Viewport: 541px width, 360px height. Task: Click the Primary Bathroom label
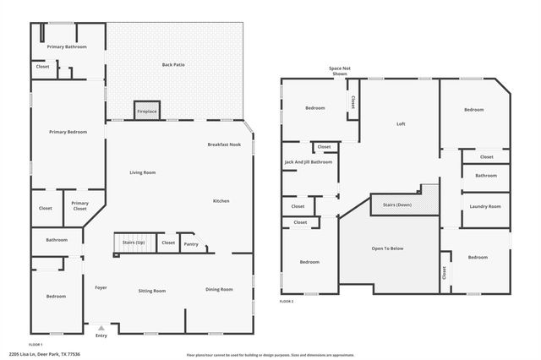click(x=68, y=46)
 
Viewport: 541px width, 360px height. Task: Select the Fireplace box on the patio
click(x=146, y=111)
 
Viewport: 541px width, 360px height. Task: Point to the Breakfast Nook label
click(x=224, y=145)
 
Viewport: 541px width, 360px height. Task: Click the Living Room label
click(x=142, y=172)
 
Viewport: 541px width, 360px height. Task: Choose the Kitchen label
click(x=221, y=200)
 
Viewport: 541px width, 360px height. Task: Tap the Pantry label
click(x=191, y=243)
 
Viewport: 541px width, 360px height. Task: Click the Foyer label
click(x=101, y=288)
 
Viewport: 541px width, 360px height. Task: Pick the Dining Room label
click(x=219, y=290)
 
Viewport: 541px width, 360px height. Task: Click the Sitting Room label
click(x=152, y=290)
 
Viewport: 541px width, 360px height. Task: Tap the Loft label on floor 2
click(x=401, y=124)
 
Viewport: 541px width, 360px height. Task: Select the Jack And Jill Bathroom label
click(x=309, y=161)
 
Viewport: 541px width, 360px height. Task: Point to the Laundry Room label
click(x=485, y=206)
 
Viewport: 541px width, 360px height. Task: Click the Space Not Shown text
click(x=339, y=71)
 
